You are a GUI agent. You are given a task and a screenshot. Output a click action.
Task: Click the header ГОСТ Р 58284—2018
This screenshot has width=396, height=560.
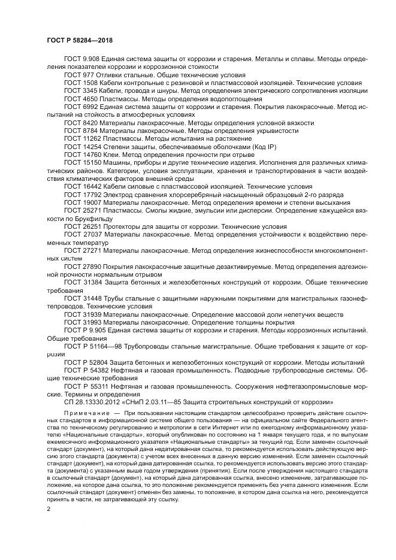(79, 40)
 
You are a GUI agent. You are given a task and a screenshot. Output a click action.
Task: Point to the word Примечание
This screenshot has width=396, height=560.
(85, 414)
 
